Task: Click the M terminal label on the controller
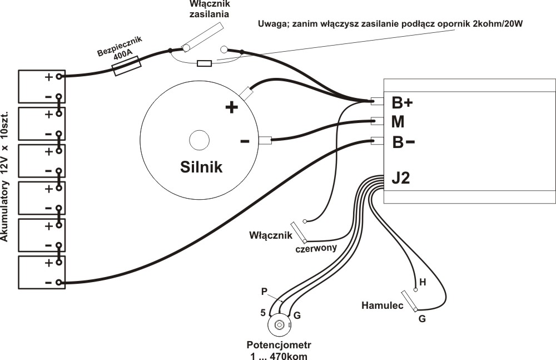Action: [398, 122]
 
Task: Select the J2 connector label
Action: [401, 179]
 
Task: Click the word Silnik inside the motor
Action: [201, 166]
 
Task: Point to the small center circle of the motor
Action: [198, 140]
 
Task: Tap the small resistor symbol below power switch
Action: [205, 63]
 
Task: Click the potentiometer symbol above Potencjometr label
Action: [279, 324]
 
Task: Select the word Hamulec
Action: [382, 305]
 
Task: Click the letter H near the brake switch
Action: [423, 283]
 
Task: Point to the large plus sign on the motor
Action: [231, 107]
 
